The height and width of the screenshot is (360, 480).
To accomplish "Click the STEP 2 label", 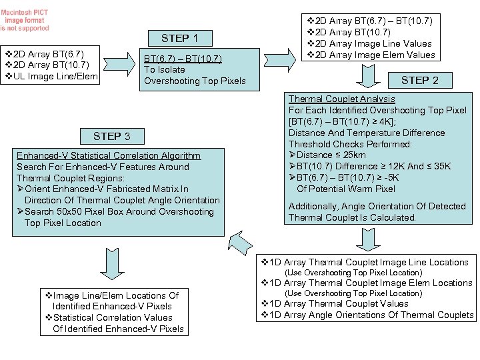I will pos(419,80).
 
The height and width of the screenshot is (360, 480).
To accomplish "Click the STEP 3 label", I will pos(112,136).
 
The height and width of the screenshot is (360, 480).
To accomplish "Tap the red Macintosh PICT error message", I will pos(25,20).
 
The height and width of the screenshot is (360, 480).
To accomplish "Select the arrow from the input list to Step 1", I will pos(119,65).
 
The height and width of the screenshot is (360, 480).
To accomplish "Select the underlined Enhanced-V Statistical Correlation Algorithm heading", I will pos(109,155).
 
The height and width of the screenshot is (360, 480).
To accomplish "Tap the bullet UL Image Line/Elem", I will pos(51,77).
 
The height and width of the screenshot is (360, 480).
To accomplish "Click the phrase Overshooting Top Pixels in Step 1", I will pos(195,81).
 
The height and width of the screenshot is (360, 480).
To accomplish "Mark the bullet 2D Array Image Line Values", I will pos(369,43).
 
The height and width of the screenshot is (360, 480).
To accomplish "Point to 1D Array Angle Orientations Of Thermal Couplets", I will pos(367,315).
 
